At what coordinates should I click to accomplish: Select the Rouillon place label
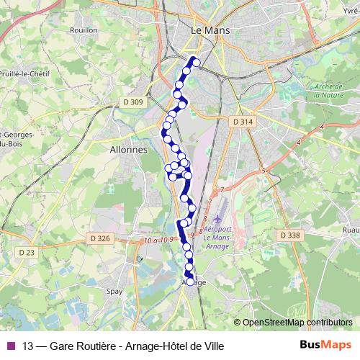[x=84, y=30]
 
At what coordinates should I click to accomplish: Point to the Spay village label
[x=114, y=292]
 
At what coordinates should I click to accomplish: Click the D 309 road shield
[x=133, y=102]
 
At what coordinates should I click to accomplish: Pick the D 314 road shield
[x=243, y=122]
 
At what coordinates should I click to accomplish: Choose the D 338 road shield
[x=290, y=235]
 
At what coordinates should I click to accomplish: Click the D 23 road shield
[x=27, y=252]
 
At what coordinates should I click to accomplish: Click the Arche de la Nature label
[x=329, y=91]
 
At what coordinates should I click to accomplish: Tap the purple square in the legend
[x=11, y=346]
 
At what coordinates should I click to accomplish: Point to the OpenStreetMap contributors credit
[x=297, y=323]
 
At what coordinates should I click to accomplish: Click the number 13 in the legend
[x=27, y=346]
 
